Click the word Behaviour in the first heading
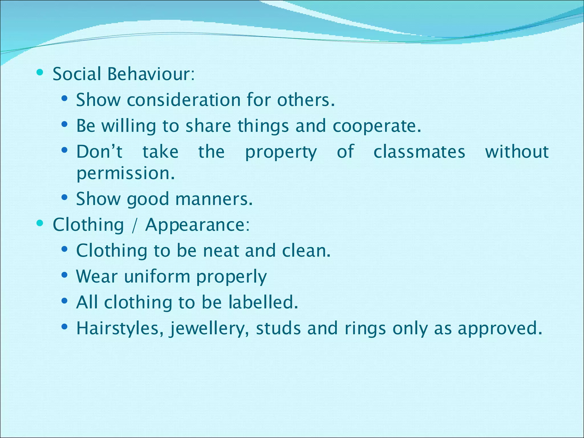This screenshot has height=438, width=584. pyautogui.click(x=151, y=74)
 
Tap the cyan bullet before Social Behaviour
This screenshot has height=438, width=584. pyautogui.click(x=40, y=72)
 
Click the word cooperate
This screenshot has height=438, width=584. pyautogui.click(x=377, y=126)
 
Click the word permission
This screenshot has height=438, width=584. pyautogui.click(x=125, y=173)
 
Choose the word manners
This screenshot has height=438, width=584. pyautogui.click(x=214, y=199)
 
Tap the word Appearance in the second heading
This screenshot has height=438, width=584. pyautogui.click(x=197, y=225)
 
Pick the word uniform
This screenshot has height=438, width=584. pyautogui.click(x=157, y=277)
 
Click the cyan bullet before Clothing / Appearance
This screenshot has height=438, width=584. pyautogui.click(x=40, y=223)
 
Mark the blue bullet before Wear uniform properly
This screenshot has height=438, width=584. pyautogui.click(x=64, y=275)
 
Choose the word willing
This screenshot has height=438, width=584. pyautogui.click(x=129, y=126)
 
